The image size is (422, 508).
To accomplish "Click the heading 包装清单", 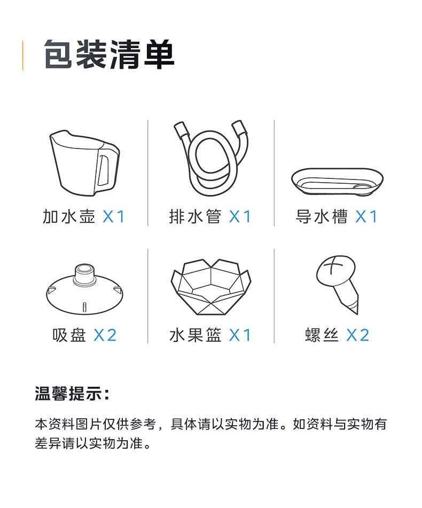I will (109, 54).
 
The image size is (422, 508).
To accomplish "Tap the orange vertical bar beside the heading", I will (22, 54).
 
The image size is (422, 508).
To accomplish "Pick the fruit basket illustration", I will (210, 287).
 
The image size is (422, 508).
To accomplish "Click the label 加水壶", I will (69, 216).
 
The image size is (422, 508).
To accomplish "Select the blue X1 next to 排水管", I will (240, 216).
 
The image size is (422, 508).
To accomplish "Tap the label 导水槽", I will (322, 216).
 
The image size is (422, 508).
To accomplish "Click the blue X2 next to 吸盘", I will (105, 335).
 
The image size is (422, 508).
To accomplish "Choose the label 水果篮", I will (196, 335).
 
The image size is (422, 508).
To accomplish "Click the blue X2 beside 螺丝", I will (357, 335).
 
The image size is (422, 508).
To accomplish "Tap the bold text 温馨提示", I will (72, 394).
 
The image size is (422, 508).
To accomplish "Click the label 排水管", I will (196, 216).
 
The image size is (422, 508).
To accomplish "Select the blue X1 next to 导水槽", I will (366, 216).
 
